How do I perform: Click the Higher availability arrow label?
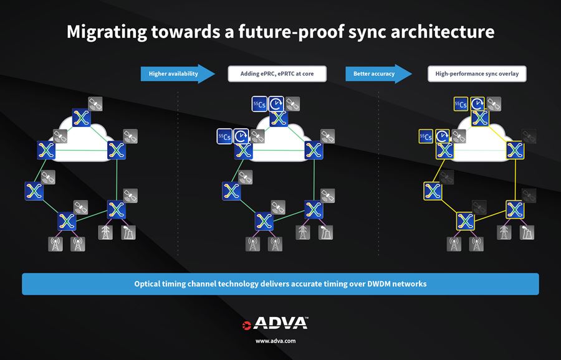click(174, 73)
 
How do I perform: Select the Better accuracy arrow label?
click(374, 73)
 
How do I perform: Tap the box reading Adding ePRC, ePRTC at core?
click(277, 73)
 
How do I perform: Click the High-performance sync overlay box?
click(477, 73)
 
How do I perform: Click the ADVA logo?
click(275, 323)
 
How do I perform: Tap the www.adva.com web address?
click(276, 341)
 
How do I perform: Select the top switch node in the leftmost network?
click(81, 117)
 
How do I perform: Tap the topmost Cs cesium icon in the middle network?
click(260, 104)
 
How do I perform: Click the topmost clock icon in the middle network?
click(277, 104)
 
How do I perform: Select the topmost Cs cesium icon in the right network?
click(461, 104)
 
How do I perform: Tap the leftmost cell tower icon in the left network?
click(55, 244)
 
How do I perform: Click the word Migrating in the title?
click(105, 32)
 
